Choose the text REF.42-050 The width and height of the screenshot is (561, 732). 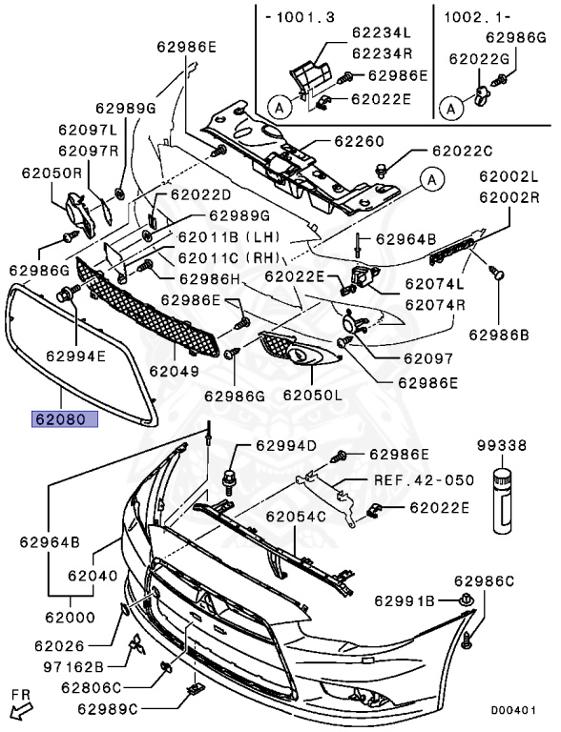coord(423,480)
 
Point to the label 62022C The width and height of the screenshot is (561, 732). coord(462,150)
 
